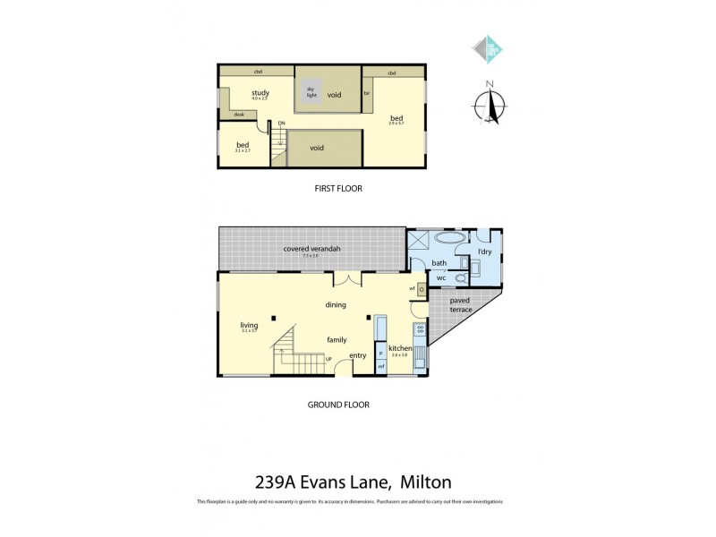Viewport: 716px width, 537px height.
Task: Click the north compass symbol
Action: click(x=490, y=102)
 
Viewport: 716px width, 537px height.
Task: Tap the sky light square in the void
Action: click(x=311, y=93)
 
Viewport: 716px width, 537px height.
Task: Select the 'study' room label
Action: click(x=260, y=93)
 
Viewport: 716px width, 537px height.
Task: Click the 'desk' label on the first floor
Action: click(x=239, y=115)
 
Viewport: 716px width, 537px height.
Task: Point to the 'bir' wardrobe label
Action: click(x=367, y=93)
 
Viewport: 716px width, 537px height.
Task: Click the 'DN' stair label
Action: click(x=281, y=123)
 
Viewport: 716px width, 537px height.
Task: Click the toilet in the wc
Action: click(x=462, y=278)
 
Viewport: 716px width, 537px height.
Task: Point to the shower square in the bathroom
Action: click(x=418, y=242)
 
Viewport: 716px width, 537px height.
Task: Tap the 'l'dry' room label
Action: click(x=484, y=252)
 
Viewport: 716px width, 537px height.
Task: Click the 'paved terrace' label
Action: click(x=461, y=305)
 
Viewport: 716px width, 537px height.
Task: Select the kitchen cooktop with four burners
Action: click(x=420, y=330)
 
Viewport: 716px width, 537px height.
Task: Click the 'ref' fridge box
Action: click(x=380, y=367)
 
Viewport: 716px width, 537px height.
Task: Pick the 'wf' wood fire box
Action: click(x=420, y=289)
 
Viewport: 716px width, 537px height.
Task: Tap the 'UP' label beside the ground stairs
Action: click(x=328, y=360)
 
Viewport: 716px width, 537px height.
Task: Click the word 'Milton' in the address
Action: click(x=433, y=482)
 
